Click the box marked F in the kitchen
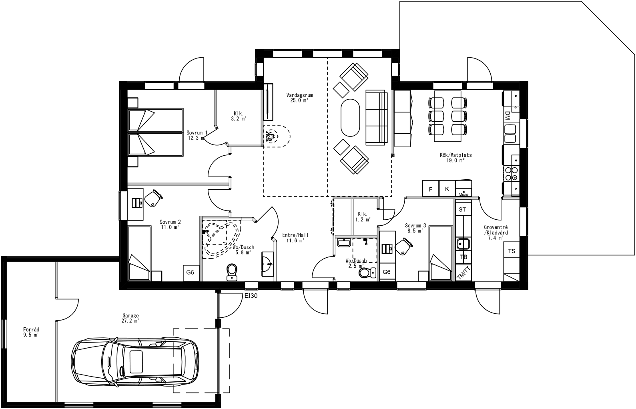pyautogui.click(x=431, y=189)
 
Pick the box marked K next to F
pyautogui.click(x=447, y=189)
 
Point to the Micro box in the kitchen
pyautogui.click(x=463, y=190)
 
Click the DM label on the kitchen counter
pyautogui.click(x=507, y=116)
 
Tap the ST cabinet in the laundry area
pyautogui.click(x=463, y=209)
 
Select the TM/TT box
pyautogui.click(x=463, y=273)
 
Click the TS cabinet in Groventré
pyautogui.click(x=512, y=251)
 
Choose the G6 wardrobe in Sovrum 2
pyautogui.click(x=190, y=273)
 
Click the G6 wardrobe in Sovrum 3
pyautogui.click(x=386, y=272)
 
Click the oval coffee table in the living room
pyautogui.click(x=350, y=118)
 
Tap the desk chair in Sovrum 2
pyautogui.click(x=153, y=198)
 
